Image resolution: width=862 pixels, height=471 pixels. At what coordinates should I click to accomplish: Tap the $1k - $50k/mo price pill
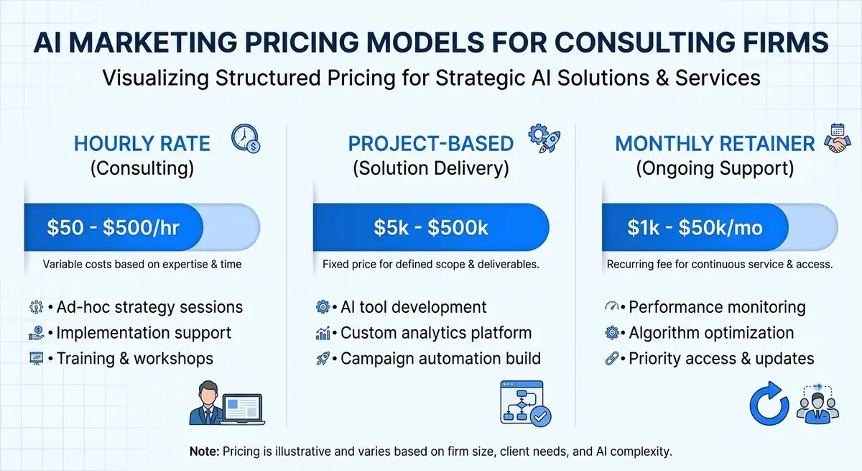click(695, 228)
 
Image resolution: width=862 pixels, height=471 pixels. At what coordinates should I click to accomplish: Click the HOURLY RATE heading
click(142, 143)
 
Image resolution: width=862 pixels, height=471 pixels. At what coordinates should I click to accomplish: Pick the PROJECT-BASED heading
click(431, 143)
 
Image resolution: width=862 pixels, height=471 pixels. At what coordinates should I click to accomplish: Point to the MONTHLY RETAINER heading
click(715, 143)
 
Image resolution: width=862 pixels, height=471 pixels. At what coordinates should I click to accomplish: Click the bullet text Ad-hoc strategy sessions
click(149, 307)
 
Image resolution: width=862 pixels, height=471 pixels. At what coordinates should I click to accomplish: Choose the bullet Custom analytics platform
click(436, 333)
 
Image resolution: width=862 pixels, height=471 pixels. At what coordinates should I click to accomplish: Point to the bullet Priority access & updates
click(721, 358)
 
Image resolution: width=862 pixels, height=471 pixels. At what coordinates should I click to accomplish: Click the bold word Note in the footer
click(204, 452)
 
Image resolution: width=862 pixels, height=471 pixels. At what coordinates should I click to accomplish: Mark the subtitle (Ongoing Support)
click(714, 169)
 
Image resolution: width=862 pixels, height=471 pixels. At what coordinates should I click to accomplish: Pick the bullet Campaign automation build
click(440, 358)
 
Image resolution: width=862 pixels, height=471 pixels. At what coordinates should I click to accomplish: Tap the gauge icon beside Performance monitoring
click(612, 307)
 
